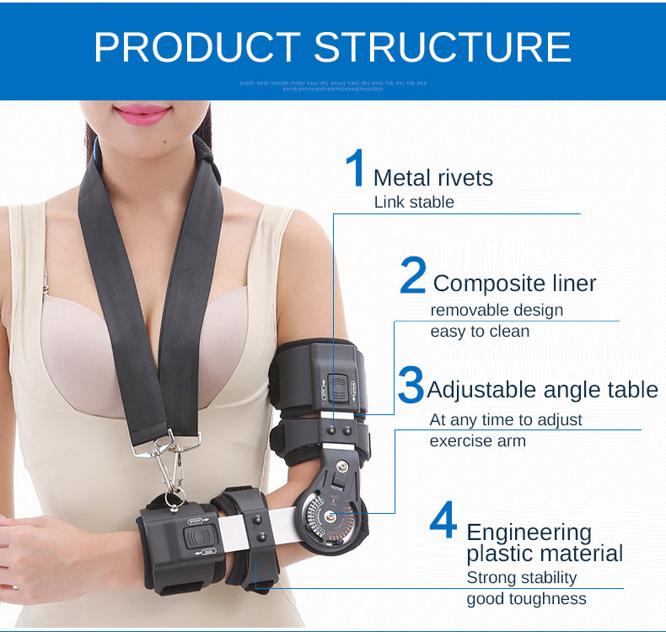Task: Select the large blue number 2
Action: (412, 277)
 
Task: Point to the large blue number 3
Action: (410, 385)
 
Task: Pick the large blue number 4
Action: (443, 521)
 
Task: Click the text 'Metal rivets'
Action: (432, 178)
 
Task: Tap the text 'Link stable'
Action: (413, 203)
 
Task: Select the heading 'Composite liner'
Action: (514, 284)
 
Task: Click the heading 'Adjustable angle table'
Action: (542, 390)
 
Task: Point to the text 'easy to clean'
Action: (480, 332)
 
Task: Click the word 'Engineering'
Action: (529, 532)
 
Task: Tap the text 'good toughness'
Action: (526, 599)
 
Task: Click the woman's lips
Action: (142, 113)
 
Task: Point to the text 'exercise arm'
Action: (477, 441)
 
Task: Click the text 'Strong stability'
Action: (521, 578)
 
